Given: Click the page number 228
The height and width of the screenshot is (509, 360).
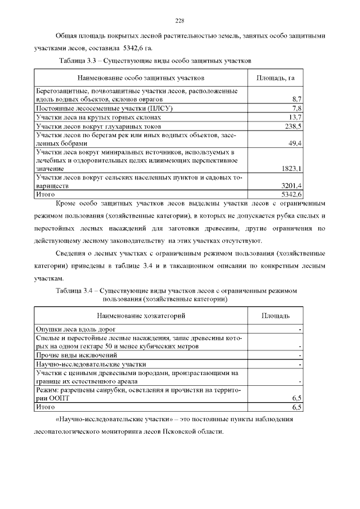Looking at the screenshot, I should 179,21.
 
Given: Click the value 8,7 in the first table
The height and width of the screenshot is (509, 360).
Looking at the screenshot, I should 298,99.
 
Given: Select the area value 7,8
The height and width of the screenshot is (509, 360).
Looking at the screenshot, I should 298,108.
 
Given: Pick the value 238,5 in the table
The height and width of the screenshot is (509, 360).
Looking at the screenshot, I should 294,127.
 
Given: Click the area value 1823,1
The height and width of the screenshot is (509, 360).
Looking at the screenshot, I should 292,168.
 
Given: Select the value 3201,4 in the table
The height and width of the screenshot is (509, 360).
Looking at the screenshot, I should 292,185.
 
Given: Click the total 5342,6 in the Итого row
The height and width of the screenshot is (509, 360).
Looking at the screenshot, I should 292,194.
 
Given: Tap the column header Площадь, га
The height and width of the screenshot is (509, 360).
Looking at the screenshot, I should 276,77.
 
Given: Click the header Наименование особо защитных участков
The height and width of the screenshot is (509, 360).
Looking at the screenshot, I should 141,77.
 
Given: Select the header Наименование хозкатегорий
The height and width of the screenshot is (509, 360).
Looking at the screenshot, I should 141,316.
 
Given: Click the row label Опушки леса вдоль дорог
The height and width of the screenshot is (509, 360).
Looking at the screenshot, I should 76,329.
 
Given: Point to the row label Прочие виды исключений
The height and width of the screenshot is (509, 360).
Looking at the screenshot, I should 76,355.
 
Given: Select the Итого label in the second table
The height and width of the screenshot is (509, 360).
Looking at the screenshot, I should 46,406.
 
